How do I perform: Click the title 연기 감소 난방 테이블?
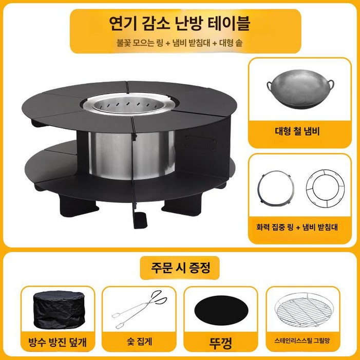coord(180,24)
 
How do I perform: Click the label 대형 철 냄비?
coord(299,132)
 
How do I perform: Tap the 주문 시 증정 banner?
coord(179,267)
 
